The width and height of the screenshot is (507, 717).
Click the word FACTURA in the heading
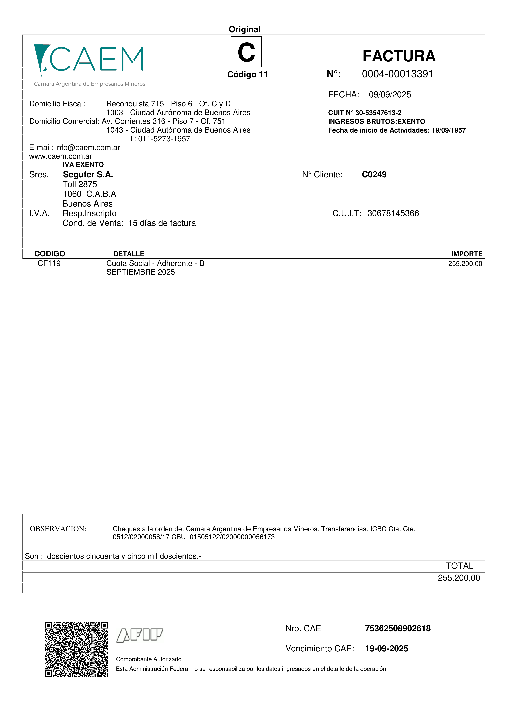point(399,56)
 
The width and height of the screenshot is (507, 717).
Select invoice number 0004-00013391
point(397,74)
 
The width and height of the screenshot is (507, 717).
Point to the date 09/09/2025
point(390,95)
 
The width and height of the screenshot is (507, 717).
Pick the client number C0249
point(374,175)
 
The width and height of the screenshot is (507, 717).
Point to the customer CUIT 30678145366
point(393,213)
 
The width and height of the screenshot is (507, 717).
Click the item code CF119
point(49,263)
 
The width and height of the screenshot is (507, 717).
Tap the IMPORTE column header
point(467,254)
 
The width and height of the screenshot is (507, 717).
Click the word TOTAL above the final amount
point(459,566)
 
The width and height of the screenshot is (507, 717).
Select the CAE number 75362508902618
point(398,628)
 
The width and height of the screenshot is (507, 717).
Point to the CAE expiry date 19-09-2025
point(386,649)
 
